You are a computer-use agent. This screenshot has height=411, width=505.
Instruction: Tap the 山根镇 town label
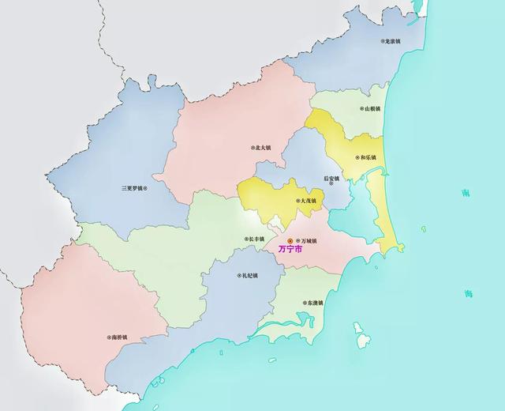point(372,109)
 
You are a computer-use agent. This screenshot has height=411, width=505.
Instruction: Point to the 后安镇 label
point(331,178)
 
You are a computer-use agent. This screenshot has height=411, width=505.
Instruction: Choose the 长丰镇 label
point(256,239)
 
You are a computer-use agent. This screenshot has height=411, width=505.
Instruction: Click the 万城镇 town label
point(307,240)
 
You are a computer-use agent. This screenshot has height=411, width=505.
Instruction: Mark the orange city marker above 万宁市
point(290,240)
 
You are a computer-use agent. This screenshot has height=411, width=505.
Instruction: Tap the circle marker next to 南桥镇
point(109,337)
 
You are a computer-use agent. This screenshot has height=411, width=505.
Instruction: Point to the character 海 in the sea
point(469,294)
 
